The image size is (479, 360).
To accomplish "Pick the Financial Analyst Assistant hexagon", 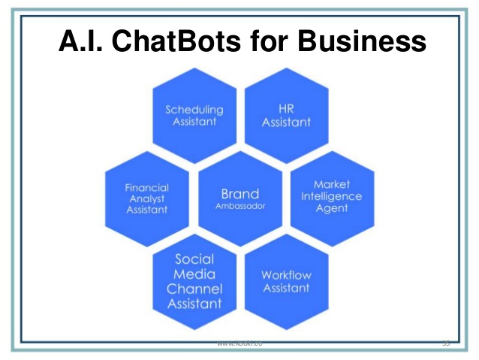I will tap(147, 198).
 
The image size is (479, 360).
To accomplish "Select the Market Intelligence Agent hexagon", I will tap(332, 196).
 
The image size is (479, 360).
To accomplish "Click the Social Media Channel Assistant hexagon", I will tap(194, 281).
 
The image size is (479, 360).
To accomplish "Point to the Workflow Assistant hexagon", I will tap(285, 281).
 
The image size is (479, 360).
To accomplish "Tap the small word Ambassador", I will tap(239, 205).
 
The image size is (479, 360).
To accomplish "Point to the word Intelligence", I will tap(332, 196).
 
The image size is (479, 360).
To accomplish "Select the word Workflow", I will tap(285, 275).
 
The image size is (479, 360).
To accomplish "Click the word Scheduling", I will tap(194, 109).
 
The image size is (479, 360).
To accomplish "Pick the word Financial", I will tap(147, 187).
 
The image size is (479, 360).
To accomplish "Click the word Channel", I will tap(194, 289).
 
